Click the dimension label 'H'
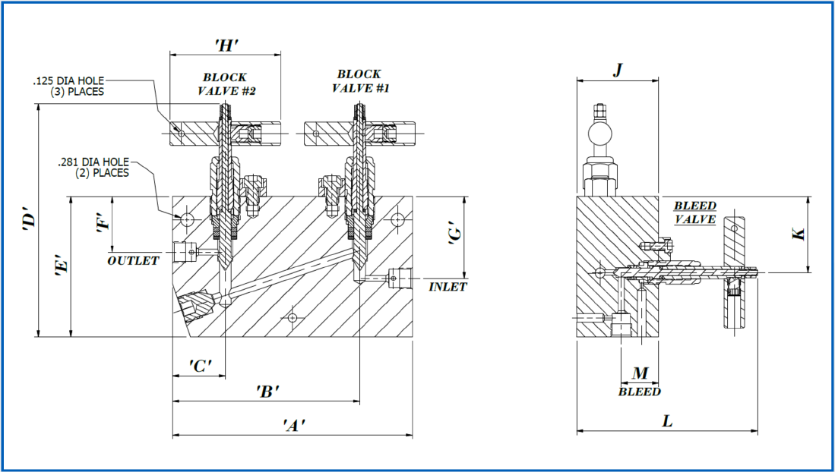tap(226, 45)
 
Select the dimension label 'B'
tap(268, 391)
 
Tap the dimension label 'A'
tap(294, 424)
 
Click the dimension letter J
tap(618, 70)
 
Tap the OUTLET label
tap(133, 260)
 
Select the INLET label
tap(448, 287)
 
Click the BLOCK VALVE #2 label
tap(224, 83)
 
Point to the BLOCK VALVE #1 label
tap(359, 80)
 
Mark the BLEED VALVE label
tap(695, 212)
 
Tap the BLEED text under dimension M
tap(639, 392)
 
